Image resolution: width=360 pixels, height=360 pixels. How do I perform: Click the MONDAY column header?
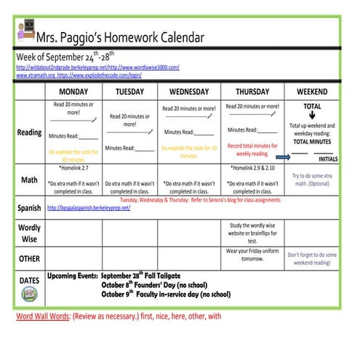(73, 92)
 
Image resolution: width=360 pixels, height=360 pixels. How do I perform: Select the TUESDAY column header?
(129, 92)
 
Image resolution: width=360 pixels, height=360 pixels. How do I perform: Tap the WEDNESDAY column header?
(188, 92)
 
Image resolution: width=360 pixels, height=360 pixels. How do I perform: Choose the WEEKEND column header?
(311, 92)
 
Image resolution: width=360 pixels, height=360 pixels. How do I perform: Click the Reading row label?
(29, 132)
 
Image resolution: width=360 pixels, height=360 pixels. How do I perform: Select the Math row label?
(29, 180)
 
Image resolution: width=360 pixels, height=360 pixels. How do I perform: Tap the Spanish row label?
(29, 208)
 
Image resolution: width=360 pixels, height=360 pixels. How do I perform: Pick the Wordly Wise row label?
(29, 232)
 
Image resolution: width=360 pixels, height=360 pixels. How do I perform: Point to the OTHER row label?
(29, 258)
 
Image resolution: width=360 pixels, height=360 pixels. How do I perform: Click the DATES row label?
(29, 280)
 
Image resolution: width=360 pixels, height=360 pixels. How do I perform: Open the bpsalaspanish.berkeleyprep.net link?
(88, 207)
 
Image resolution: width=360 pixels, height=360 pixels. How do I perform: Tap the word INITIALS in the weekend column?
(329, 159)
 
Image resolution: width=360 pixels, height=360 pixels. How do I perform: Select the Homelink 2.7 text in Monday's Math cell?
(73, 168)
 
